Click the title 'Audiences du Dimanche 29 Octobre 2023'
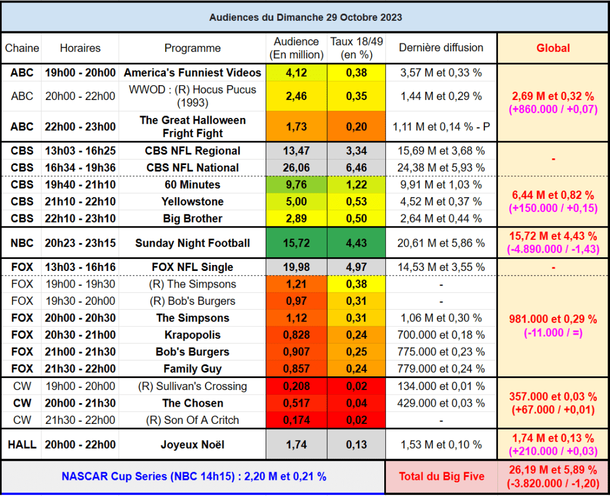305,17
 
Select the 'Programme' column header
192,48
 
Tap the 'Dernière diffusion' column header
441,48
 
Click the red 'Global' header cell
553,48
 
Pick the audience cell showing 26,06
296,168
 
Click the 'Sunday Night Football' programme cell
192,243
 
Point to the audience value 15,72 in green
296,243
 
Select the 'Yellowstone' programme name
192,202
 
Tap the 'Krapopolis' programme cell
192,335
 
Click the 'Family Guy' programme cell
192,369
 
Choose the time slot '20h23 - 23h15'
80,243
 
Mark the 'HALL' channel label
22,445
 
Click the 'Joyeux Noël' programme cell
192,445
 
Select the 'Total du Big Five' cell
441,476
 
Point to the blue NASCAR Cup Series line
194,476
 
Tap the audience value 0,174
296,420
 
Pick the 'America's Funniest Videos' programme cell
192,73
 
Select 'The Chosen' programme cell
192,403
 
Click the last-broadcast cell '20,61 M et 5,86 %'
441,243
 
